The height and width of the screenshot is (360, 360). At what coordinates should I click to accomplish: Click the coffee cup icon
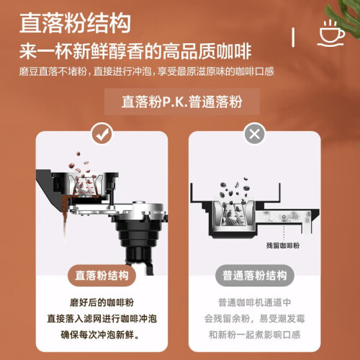pyautogui.click(x=332, y=34)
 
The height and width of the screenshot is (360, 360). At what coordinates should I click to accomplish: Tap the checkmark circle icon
pyautogui.click(x=102, y=133)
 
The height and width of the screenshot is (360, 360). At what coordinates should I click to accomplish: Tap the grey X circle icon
pyautogui.click(x=255, y=133)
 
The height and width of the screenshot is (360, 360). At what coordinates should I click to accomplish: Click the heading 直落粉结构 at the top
pyautogui.click(x=75, y=23)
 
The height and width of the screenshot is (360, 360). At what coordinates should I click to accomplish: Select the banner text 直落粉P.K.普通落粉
pyautogui.click(x=182, y=102)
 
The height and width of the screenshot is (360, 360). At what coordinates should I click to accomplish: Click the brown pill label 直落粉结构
pyautogui.click(x=102, y=275)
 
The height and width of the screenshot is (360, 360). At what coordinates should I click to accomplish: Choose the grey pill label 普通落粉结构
pyautogui.click(x=255, y=275)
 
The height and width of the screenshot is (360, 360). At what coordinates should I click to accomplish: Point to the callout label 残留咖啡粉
pyautogui.click(x=283, y=246)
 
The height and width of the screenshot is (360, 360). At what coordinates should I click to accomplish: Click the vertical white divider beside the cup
pyautogui.click(x=293, y=37)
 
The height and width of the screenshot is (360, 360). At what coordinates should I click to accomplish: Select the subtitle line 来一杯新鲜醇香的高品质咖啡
pyautogui.click(x=135, y=51)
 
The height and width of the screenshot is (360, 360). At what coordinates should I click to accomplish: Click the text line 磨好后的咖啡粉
pyautogui.click(x=102, y=302)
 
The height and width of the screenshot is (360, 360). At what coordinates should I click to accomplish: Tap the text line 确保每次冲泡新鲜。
pyautogui.click(x=100, y=335)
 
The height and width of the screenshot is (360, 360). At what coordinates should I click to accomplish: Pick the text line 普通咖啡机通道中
pyautogui.click(x=255, y=302)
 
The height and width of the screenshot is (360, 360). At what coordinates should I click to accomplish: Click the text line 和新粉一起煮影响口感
pyautogui.click(x=255, y=335)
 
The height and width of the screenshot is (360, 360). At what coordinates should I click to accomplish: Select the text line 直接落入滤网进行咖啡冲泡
pyautogui.click(x=102, y=319)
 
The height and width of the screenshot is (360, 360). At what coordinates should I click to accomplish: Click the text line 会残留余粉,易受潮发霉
pyautogui.click(x=255, y=319)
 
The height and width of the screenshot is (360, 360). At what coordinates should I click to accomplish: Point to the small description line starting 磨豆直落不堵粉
pyautogui.click(x=146, y=71)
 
